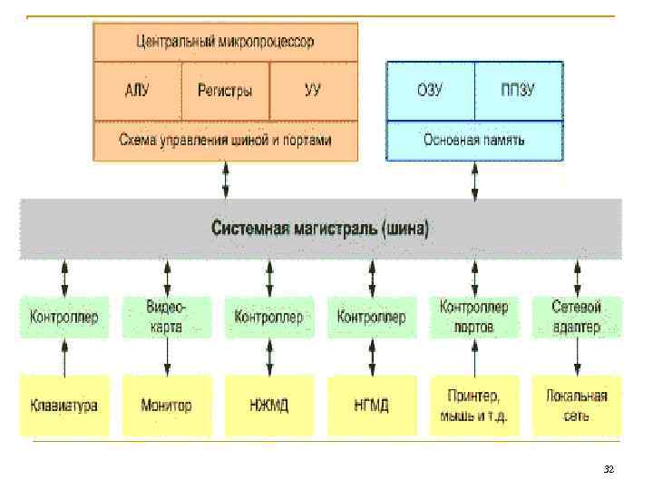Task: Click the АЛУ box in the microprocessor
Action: pos(138,91)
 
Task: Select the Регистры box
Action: pos(225,91)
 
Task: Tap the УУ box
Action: pos(313,91)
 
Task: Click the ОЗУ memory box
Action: pos(430,91)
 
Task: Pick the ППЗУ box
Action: pos(518,91)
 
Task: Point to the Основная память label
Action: pos(474,141)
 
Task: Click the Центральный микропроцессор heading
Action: pos(225,42)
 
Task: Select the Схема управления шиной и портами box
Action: pos(225,141)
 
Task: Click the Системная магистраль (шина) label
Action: pos(321,227)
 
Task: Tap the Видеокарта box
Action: pos(166,317)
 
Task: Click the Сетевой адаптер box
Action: pos(576,317)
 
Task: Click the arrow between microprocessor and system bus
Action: pos(226,179)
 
